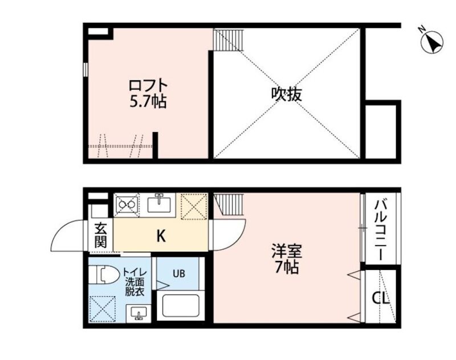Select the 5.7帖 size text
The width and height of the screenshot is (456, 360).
pos(148,103)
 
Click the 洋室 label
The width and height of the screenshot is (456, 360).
pos(286,251)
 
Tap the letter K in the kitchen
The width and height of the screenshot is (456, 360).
pos(161,235)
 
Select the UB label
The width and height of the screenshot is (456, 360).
pos(179,272)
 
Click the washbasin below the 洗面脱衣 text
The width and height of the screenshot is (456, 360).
pos(139,313)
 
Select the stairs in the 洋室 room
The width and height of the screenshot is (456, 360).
pos(229,203)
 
